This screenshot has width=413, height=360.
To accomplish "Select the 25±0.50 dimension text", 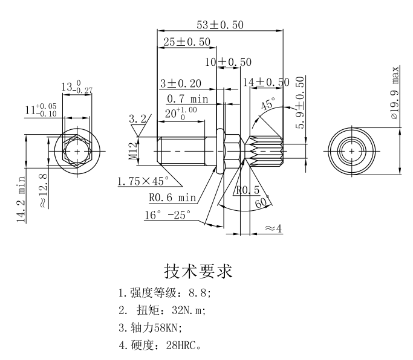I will pos(186,42).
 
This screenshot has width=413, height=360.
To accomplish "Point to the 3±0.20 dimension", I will pos(180,83).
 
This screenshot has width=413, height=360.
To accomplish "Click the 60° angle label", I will pos(262,204).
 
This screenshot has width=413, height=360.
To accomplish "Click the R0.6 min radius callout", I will pos(173,197).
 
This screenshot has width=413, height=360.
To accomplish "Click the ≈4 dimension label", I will pos(273,228).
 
